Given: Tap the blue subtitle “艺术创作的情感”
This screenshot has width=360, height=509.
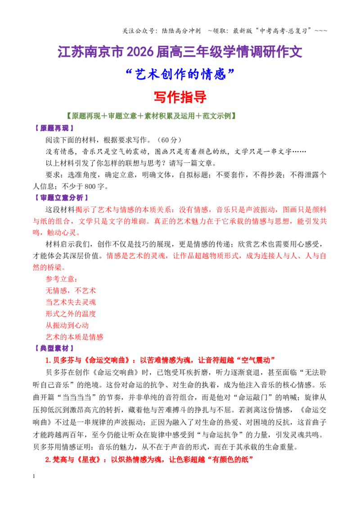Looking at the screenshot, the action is tap(180, 74).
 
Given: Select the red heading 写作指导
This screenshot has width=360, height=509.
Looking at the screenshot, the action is tap(180, 97).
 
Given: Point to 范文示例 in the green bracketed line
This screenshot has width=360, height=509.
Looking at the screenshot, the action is tap(217, 116).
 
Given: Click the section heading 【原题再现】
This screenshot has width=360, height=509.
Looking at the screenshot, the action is tap(54, 128).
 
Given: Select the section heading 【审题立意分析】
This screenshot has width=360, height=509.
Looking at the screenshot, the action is tap(61, 198).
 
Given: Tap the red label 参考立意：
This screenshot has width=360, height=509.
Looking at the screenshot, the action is tap(62, 279).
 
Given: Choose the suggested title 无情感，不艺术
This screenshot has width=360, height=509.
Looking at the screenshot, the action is tap(71, 290).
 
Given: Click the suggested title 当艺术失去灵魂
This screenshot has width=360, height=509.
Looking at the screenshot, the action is tap(71, 302).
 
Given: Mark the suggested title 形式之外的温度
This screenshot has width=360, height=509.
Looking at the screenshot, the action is tap(71, 314).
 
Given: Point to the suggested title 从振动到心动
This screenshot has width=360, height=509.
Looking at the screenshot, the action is tap(67, 325).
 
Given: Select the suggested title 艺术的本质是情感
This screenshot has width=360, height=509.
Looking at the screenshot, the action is tap(74, 337).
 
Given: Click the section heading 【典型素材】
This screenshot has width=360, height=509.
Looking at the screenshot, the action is tap(54, 348).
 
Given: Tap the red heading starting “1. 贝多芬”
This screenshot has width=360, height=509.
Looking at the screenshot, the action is tap(160, 360).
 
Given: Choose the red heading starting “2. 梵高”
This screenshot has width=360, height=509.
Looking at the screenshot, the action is tap(149, 460).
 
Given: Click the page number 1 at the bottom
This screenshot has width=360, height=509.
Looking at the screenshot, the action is tap(34, 476).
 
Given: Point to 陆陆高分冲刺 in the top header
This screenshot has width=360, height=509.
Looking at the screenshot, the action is tap(181, 31).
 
